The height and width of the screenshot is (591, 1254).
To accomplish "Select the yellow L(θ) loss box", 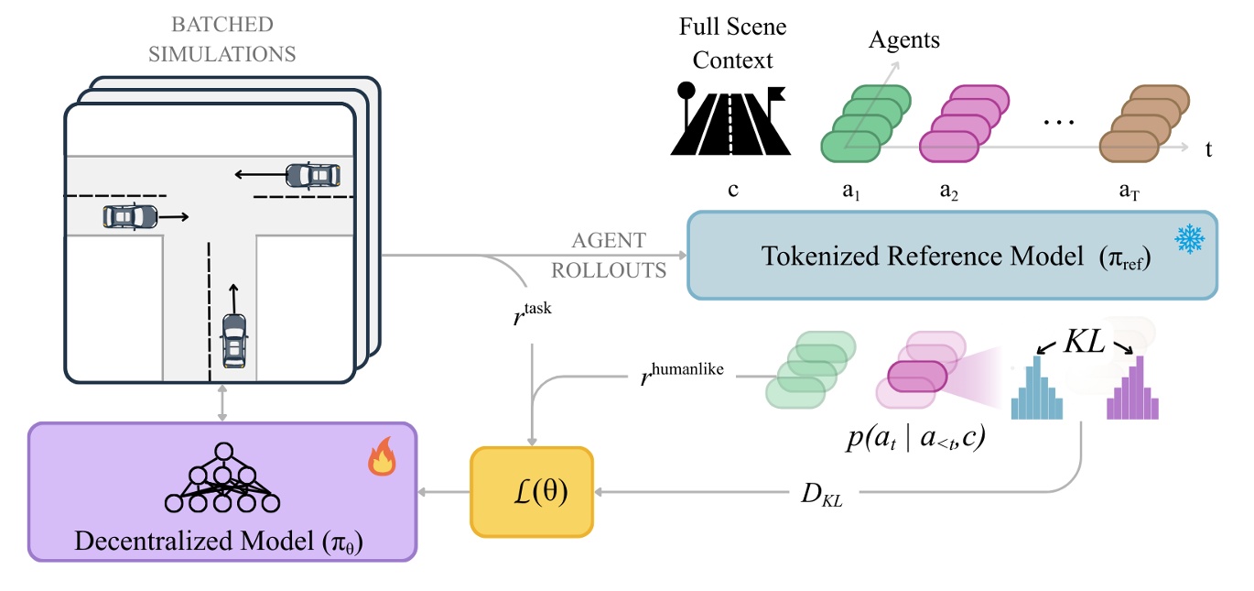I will click(x=532, y=492).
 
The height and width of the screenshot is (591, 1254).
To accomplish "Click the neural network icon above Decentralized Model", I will click(x=222, y=477).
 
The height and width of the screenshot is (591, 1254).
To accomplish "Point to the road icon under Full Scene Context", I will click(x=730, y=119).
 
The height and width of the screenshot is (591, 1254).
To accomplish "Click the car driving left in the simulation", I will click(x=313, y=174).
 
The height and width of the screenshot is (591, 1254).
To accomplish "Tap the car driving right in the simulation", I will click(x=129, y=216).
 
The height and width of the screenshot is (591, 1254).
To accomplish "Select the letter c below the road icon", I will click(x=732, y=192).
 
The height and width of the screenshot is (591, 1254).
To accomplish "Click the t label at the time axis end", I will click(x=1209, y=149).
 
